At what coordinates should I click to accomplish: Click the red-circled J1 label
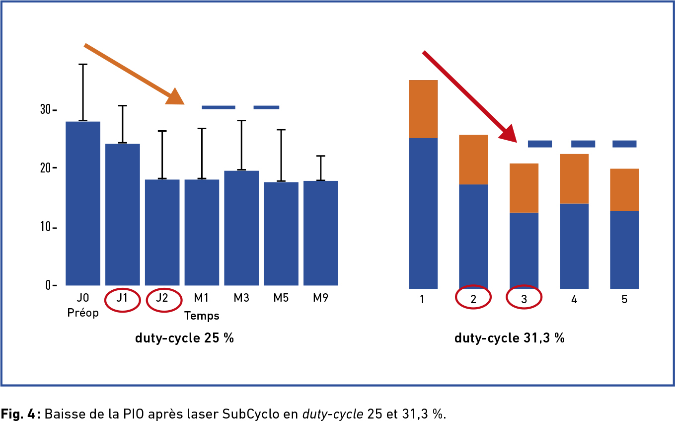pos(122,299)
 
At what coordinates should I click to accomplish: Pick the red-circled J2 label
pos(162,299)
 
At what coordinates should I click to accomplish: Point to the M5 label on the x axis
pos(281,298)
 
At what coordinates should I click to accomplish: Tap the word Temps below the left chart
pos(202,316)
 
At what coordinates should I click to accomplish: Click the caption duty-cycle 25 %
pos(184,338)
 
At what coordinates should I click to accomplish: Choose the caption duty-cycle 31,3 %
pos(510,338)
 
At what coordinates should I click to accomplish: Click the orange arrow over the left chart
pos(134,74)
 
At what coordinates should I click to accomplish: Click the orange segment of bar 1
pos(423,109)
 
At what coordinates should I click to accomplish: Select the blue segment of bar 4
pos(574,246)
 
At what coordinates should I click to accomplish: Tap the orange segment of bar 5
pos(624,189)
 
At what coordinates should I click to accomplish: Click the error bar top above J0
pos(83,65)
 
